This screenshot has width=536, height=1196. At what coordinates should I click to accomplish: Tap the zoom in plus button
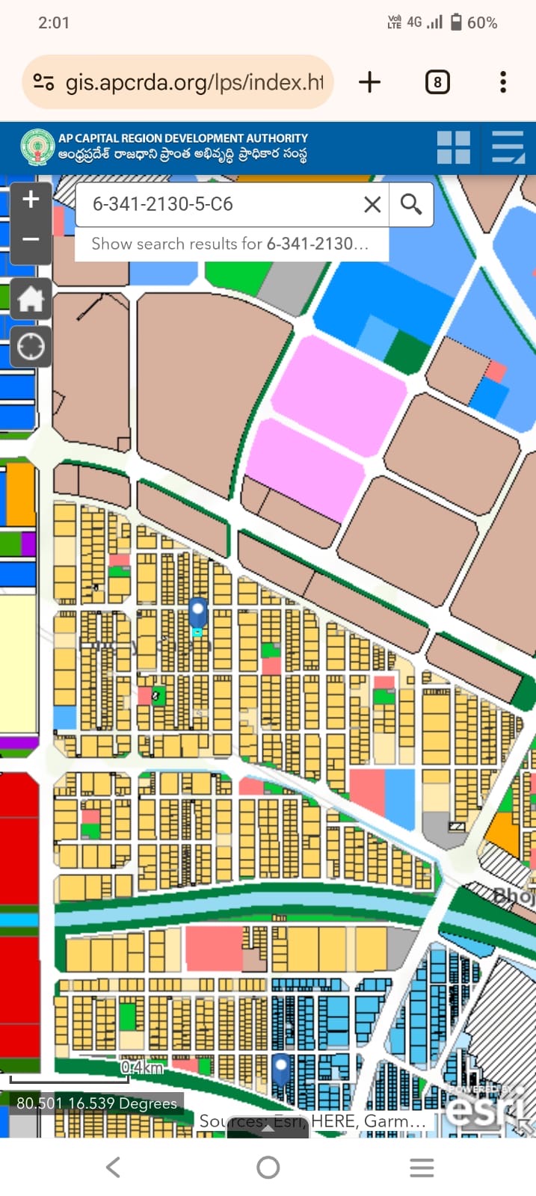[31, 200]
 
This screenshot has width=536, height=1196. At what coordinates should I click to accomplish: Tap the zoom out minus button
[31, 239]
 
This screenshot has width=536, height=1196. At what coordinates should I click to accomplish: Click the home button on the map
[31, 299]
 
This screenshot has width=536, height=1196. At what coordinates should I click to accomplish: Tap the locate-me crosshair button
[31, 347]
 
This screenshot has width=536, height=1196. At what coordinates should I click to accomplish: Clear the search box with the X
[372, 204]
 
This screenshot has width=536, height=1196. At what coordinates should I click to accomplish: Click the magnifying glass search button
[411, 204]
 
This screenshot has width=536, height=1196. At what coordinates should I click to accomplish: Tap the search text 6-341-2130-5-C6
[162, 204]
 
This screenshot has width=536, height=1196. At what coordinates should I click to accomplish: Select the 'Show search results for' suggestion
[230, 244]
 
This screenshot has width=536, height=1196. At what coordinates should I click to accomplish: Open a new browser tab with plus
[370, 82]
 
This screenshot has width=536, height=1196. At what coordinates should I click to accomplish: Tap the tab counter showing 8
[437, 82]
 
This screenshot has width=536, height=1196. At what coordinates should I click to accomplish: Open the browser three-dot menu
[503, 82]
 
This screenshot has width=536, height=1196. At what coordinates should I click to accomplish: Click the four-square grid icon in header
[454, 147]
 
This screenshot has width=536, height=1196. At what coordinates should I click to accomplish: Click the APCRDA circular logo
[37, 147]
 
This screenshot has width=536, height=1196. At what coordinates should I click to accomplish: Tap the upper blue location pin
[197, 612]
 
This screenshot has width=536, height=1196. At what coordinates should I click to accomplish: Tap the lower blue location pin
[281, 1069]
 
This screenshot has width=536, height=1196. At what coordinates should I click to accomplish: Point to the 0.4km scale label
[142, 1067]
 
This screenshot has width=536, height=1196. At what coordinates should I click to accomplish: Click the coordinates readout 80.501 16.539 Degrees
[96, 1103]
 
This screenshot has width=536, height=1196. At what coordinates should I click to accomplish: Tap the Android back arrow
[113, 1167]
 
